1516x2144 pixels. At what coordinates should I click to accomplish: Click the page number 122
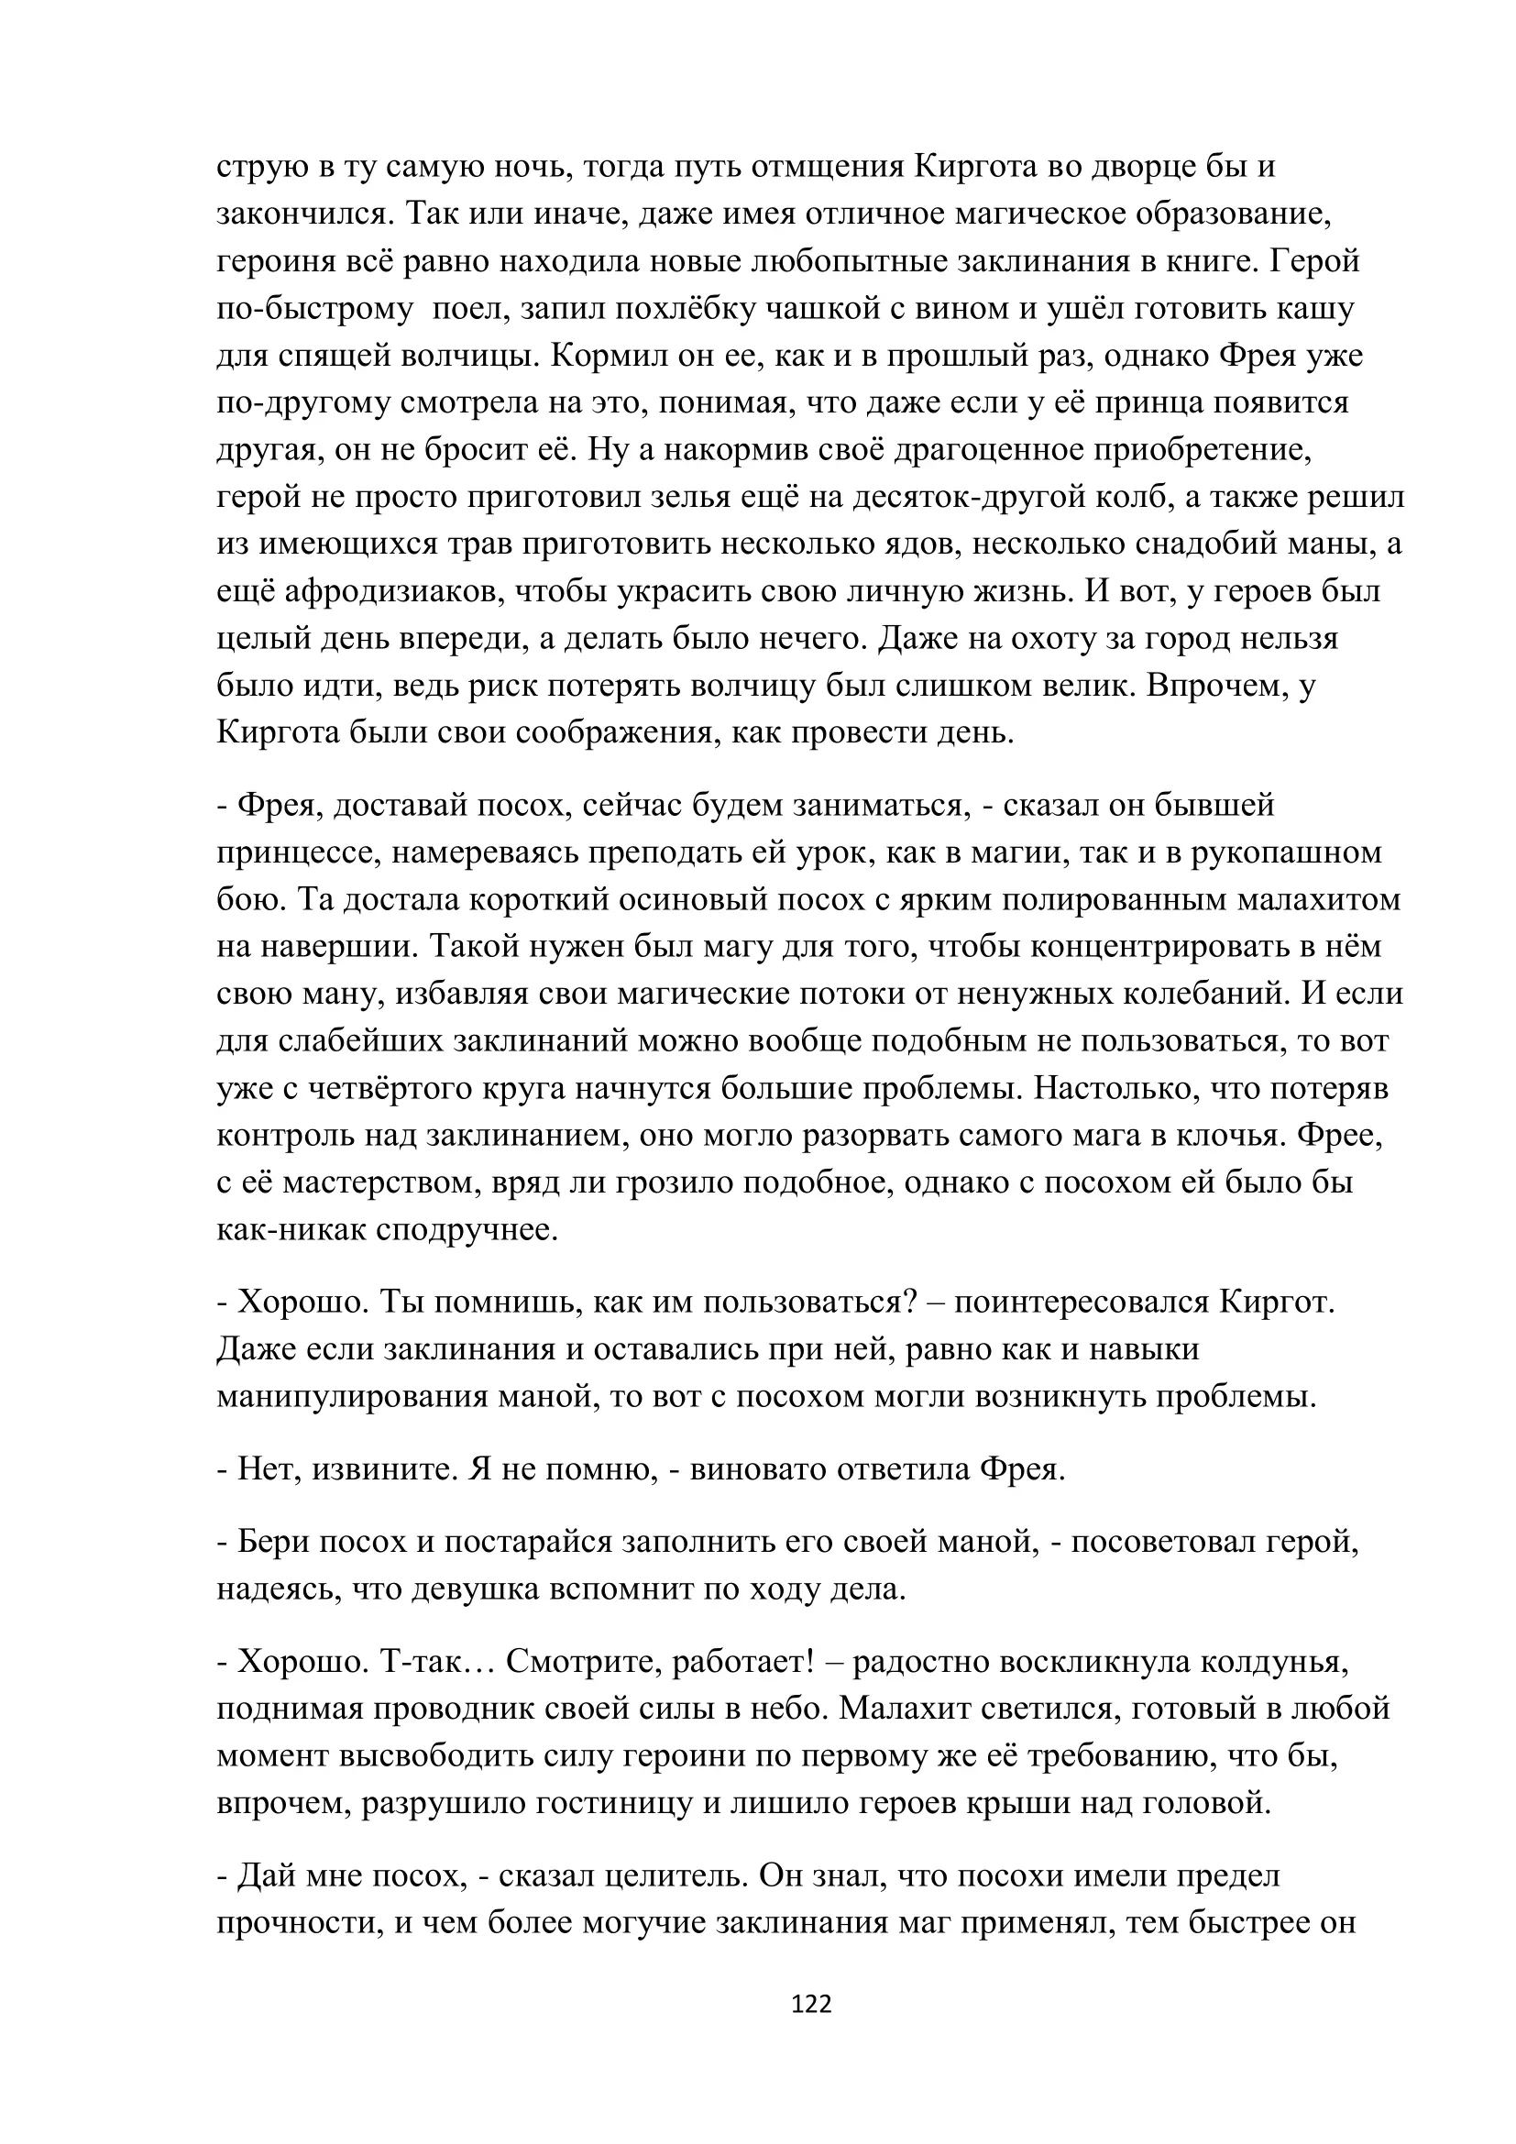(x=810, y=2003)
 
